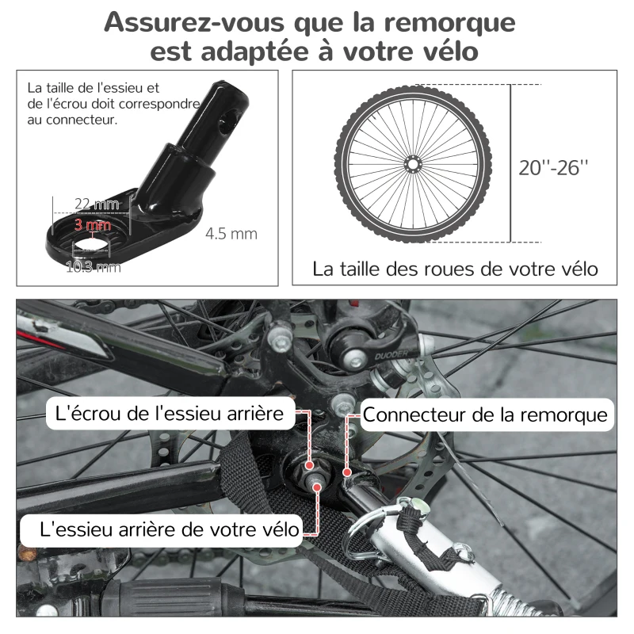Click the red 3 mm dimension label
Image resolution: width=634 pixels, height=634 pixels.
93,225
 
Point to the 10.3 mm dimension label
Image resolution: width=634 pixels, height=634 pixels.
93,267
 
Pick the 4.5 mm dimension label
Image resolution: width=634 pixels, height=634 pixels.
231,234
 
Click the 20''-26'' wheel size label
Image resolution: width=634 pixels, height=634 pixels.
555,167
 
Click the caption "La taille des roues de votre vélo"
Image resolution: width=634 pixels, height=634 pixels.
456,269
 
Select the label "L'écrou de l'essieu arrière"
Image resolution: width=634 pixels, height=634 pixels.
170,413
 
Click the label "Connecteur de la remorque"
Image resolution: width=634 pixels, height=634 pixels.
485,414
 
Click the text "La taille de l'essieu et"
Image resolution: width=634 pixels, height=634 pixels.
94,88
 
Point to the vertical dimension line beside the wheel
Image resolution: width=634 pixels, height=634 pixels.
510,162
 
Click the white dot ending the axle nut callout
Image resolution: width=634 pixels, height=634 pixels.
309,468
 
